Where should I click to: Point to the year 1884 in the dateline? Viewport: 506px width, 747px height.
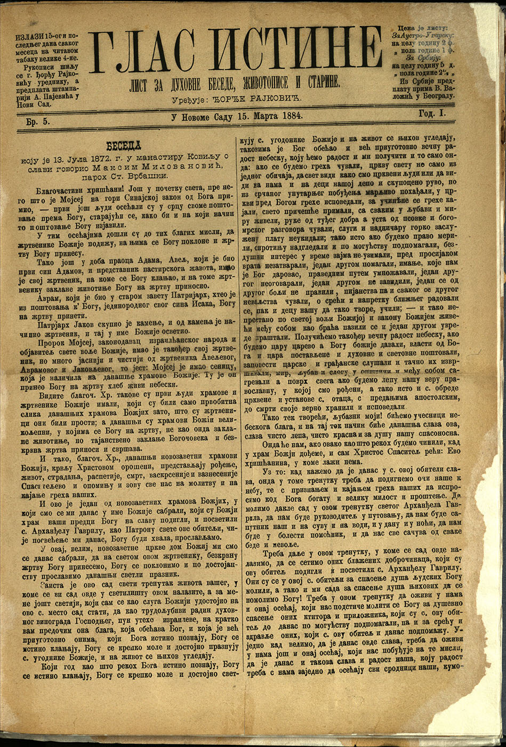click(288, 115)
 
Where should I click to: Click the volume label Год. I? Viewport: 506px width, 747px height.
click(431, 113)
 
